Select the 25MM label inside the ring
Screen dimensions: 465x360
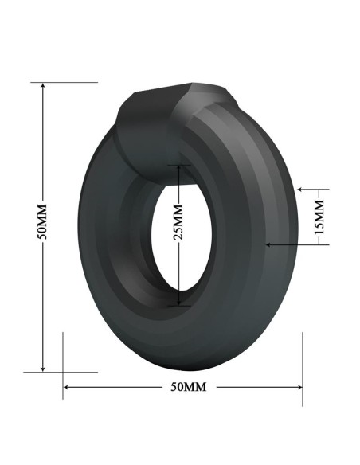[178, 222]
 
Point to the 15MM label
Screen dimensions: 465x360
[319, 217]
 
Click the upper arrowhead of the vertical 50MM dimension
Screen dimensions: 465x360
[43, 85]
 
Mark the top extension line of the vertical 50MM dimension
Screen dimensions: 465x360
[68, 81]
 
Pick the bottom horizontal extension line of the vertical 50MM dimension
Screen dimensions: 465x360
[68, 371]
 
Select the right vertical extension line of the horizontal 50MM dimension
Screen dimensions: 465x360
[303, 366]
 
